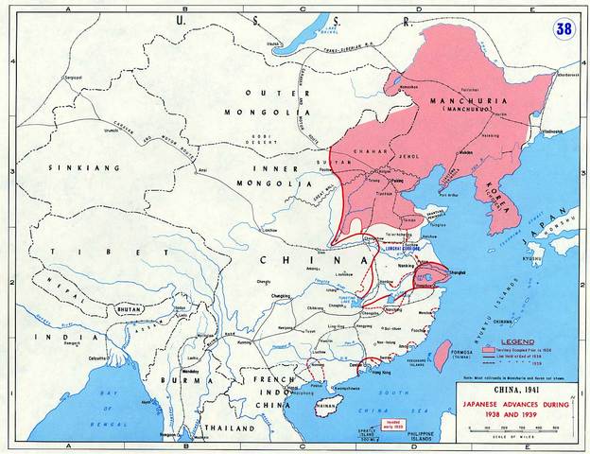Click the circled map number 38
564,29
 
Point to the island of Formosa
441,354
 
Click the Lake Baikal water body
302,37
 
